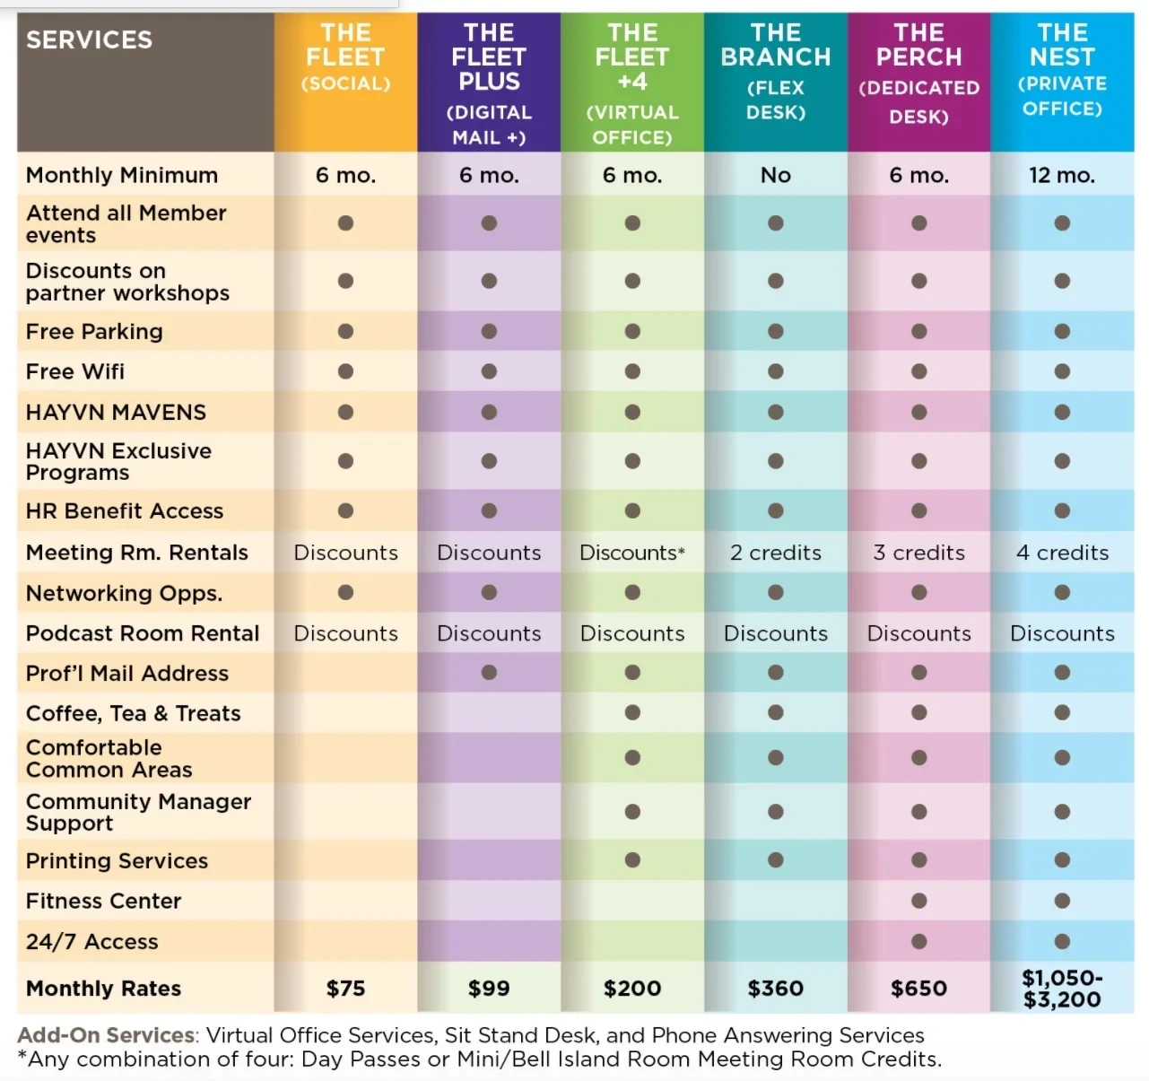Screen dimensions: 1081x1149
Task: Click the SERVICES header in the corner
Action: (x=89, y=40)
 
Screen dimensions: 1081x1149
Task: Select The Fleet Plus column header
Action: (x=489, y=83)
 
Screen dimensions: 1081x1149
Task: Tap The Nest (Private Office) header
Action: (x=1062, y=70)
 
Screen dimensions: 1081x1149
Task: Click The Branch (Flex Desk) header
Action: (x=776, y=72)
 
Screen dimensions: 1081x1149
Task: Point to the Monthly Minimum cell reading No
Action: (x=776, y=176)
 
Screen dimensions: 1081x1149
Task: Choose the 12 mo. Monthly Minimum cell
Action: (x=1062, y=176)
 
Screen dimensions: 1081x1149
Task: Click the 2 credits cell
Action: (x=776, y=553)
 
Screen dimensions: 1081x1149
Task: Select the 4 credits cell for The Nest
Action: (x=1062, y=553)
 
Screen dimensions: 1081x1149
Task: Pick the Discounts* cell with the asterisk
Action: (x=632, y=553)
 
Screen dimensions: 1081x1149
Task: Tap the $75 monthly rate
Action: (x=345, y=989)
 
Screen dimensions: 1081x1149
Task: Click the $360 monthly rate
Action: (x=776, y=989)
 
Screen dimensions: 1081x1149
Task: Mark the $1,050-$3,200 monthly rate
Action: (x=1062, y=989)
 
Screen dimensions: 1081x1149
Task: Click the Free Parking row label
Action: (x=94, y=332)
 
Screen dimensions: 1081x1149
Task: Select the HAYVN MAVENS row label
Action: (x=116, y=413)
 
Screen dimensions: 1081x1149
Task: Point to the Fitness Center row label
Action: (x=103, y=902)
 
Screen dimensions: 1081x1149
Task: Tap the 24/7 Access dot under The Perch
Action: (x=918, y=942)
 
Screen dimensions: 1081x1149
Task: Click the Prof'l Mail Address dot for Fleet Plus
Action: (x=489, y=673)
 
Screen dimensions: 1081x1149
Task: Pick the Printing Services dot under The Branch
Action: (x=776, y=860)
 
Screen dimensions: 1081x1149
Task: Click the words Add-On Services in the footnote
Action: (x=106, y=1035)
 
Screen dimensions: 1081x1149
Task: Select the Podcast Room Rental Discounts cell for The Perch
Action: (x=918, y=633)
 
